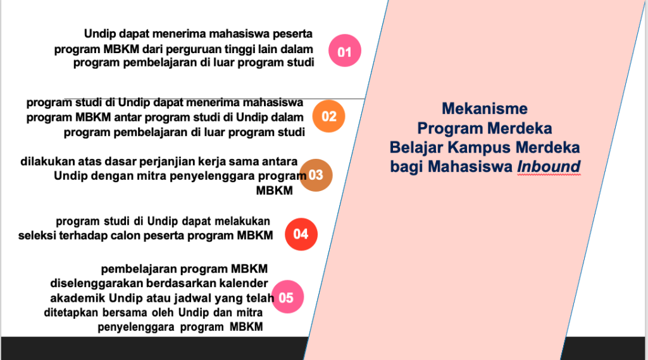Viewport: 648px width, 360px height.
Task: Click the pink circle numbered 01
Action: click(345, 51)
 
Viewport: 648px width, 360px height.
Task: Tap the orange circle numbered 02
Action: click(328, 116)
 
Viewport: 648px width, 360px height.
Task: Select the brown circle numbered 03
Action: click(316, 175)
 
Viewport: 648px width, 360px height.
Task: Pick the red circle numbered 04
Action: click(301, 234)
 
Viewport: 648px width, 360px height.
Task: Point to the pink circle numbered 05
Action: click(287, 297)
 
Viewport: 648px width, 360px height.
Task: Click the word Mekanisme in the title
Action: click(485, 109)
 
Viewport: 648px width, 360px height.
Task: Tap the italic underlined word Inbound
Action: click(549, 166)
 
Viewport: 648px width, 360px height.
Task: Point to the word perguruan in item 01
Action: click(196, 49)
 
